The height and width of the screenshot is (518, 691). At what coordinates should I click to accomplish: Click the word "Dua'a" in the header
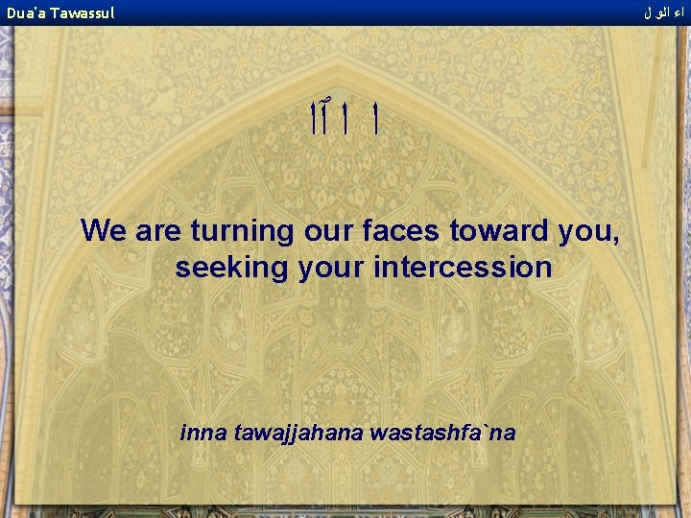[x=26, y=13]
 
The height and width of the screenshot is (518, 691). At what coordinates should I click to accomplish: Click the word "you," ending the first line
[x=584, y=232]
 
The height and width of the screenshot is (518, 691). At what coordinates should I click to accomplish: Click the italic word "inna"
[x=201, y=433]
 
